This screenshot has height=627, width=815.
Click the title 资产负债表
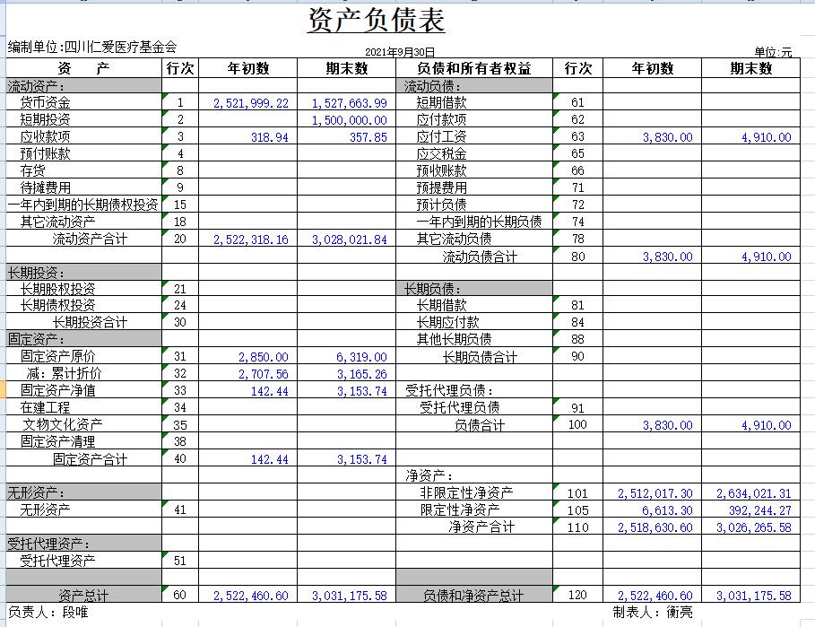click(376, 20)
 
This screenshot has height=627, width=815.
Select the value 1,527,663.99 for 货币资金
click(350, 103)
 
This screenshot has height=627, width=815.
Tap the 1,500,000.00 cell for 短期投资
click(350, 120)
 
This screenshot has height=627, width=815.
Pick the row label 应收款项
click(45, 137)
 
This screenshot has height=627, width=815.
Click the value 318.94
click(270, 137)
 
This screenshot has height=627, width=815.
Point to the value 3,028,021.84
click(350, 239)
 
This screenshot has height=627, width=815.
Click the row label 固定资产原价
click(58, 357)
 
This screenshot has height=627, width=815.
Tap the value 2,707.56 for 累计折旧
click(264, 374)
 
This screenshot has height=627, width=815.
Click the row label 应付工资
click(441, 137)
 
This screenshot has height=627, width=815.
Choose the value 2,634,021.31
click(753, 493)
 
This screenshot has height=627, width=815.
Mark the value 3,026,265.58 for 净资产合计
click(753, 527)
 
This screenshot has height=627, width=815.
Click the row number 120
click(577, 596)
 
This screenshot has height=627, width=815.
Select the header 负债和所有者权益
click(473, 69)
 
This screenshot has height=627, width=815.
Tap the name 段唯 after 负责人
click(75, 613)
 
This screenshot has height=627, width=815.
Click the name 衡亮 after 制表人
click(679, 613)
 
